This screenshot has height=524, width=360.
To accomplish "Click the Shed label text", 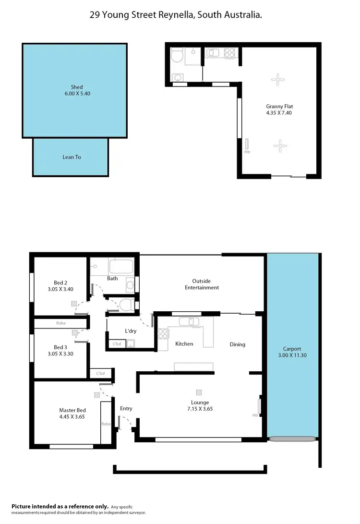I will point(77,87).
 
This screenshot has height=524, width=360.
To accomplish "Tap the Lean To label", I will point(72,157).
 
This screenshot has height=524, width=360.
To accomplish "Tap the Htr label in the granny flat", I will point(247,152).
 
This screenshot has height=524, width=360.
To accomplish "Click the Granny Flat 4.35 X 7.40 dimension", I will point(279,113).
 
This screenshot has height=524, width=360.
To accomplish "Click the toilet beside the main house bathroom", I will point(126,304).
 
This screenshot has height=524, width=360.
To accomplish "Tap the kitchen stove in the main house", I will point(163,333).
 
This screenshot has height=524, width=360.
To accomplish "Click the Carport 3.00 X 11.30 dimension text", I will point(292,356).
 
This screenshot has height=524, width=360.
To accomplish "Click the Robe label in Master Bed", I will point(106,424).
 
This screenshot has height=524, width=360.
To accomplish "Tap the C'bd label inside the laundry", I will point(116,344).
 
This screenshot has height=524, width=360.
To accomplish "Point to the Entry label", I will point(126,409).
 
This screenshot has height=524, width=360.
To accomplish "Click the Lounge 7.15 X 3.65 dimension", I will point(199,409).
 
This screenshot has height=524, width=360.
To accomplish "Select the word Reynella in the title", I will point(173,15).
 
